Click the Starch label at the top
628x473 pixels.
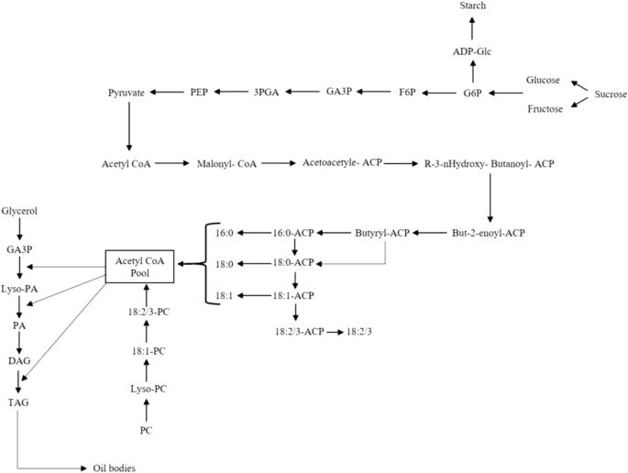[x=474, y=6]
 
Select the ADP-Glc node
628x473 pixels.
[x=474, y=51]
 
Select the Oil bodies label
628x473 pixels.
[x=115, y=468]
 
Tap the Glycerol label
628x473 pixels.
[x=19, y=211]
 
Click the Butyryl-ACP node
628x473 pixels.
[x=381, y=234]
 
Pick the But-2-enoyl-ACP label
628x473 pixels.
[x=490, y=234]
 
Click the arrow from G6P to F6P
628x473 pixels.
[x=441, y=93]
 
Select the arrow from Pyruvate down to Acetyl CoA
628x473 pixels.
[x=128, y=126]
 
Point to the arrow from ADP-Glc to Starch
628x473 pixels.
[x=474, y=28]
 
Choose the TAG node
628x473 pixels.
[x=18, y=401]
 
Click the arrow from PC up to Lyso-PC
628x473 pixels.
[x=145, y=411]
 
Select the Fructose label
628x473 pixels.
[x=543, y=109]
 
